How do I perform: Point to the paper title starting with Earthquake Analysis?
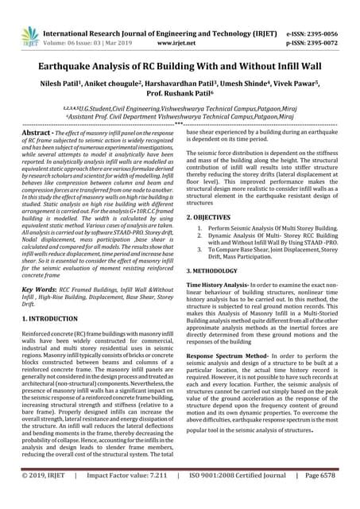tap(180, 59)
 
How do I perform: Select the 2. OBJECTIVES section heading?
tap(213, 217)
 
